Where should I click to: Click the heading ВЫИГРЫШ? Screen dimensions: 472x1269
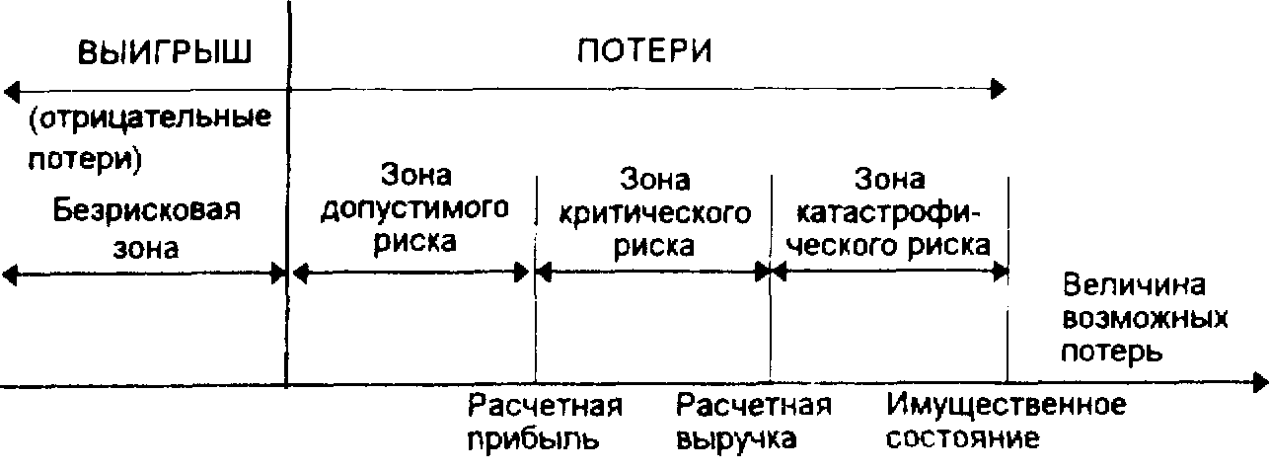[x=166, y=53]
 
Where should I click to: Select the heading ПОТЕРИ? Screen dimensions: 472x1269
[x=643, y=51]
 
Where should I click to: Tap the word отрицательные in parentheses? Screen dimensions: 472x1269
[x=150, y=121]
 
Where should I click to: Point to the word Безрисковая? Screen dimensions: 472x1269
[x=148, y=211]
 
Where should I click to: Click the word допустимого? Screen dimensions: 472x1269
[x=414, y=209]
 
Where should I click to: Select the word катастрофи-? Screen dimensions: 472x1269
[x=890, y=211]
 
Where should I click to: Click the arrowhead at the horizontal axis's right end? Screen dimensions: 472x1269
[x=1261, y=381]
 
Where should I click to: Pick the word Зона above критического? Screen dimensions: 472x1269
[x=654, y=181]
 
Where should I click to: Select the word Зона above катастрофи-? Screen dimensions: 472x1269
[x=890, y=180]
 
